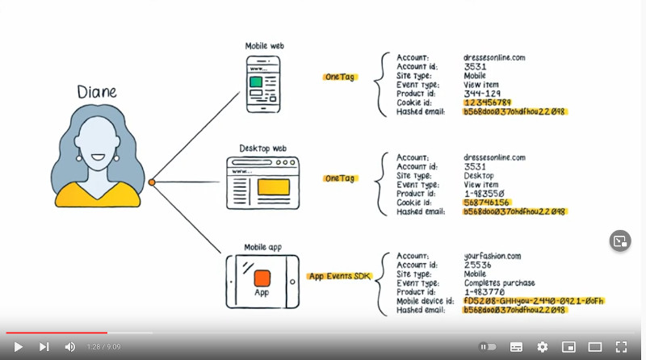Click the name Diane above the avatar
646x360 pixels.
tap(97, 92)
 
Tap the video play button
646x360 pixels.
tap(18, 346)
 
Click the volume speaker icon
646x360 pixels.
tap(70, 346)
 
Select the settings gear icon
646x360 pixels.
tap(542, 346)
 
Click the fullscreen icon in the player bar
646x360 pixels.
tap(621, 346)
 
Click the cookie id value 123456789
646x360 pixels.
tap(487, 103)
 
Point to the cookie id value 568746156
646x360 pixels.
tap(487, 203)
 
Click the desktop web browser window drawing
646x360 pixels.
tap(262, 184)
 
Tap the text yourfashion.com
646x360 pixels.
tap(493, 256)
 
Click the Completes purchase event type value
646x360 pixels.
tap(499, 283)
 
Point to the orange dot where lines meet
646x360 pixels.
tap(151, 182)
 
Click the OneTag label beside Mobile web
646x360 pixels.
tap(339, 77)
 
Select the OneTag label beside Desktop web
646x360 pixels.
tap(339, 178)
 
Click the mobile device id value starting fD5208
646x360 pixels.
tap(534, 301)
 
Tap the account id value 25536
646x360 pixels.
tap(477, 265)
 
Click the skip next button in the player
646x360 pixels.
tap(44, 346)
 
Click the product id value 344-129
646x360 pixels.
tap(482, 94)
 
